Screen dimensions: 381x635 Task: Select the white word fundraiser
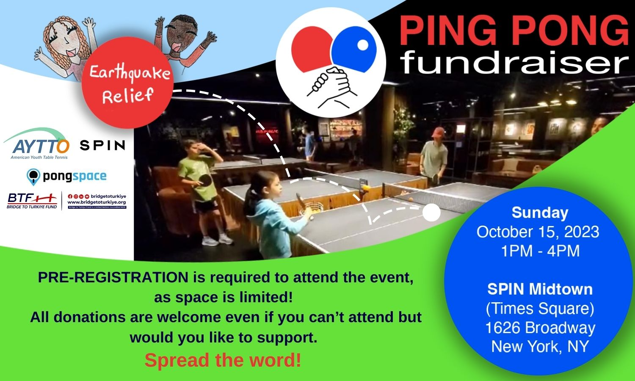(514, 63)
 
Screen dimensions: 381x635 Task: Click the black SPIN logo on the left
(102, 146)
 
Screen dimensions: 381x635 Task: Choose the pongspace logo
(66, 176)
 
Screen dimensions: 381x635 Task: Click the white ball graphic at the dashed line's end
(431, 213)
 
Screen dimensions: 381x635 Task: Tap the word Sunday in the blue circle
(539, 213)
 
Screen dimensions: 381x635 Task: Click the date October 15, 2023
(538, 232)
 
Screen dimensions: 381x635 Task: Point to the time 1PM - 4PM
(540, 251)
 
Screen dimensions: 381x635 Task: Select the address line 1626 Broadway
(540, 328)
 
